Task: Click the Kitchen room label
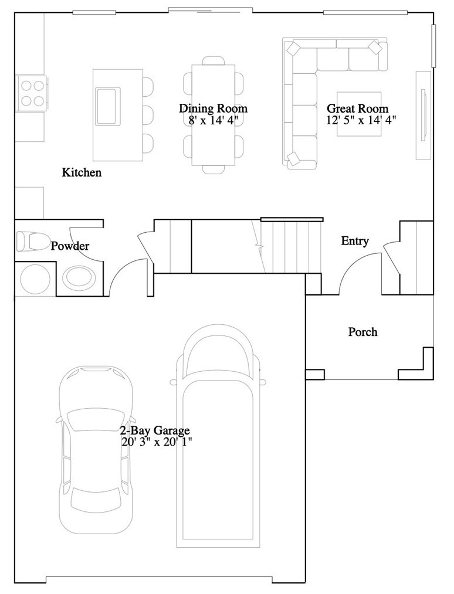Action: (x=82, y=172)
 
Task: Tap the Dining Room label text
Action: (x=213, y=108)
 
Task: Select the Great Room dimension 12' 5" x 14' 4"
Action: (x=361, y=120)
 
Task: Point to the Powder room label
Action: (x=70, y=246)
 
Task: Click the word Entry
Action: (x=355, y=241)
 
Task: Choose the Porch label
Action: (x=362, y=332)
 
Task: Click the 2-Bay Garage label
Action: (x=155, y=430)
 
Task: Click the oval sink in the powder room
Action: (x=79, y=278)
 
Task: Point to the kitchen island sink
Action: (x=108, y=106)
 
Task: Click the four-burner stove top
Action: (x=32, y=93)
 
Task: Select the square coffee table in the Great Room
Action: (x=359, y=114)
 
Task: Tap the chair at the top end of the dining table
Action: (x=214, y=60)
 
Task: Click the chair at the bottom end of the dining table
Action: (x=214, y=169)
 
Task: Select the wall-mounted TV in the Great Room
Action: (x=424, y=115)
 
